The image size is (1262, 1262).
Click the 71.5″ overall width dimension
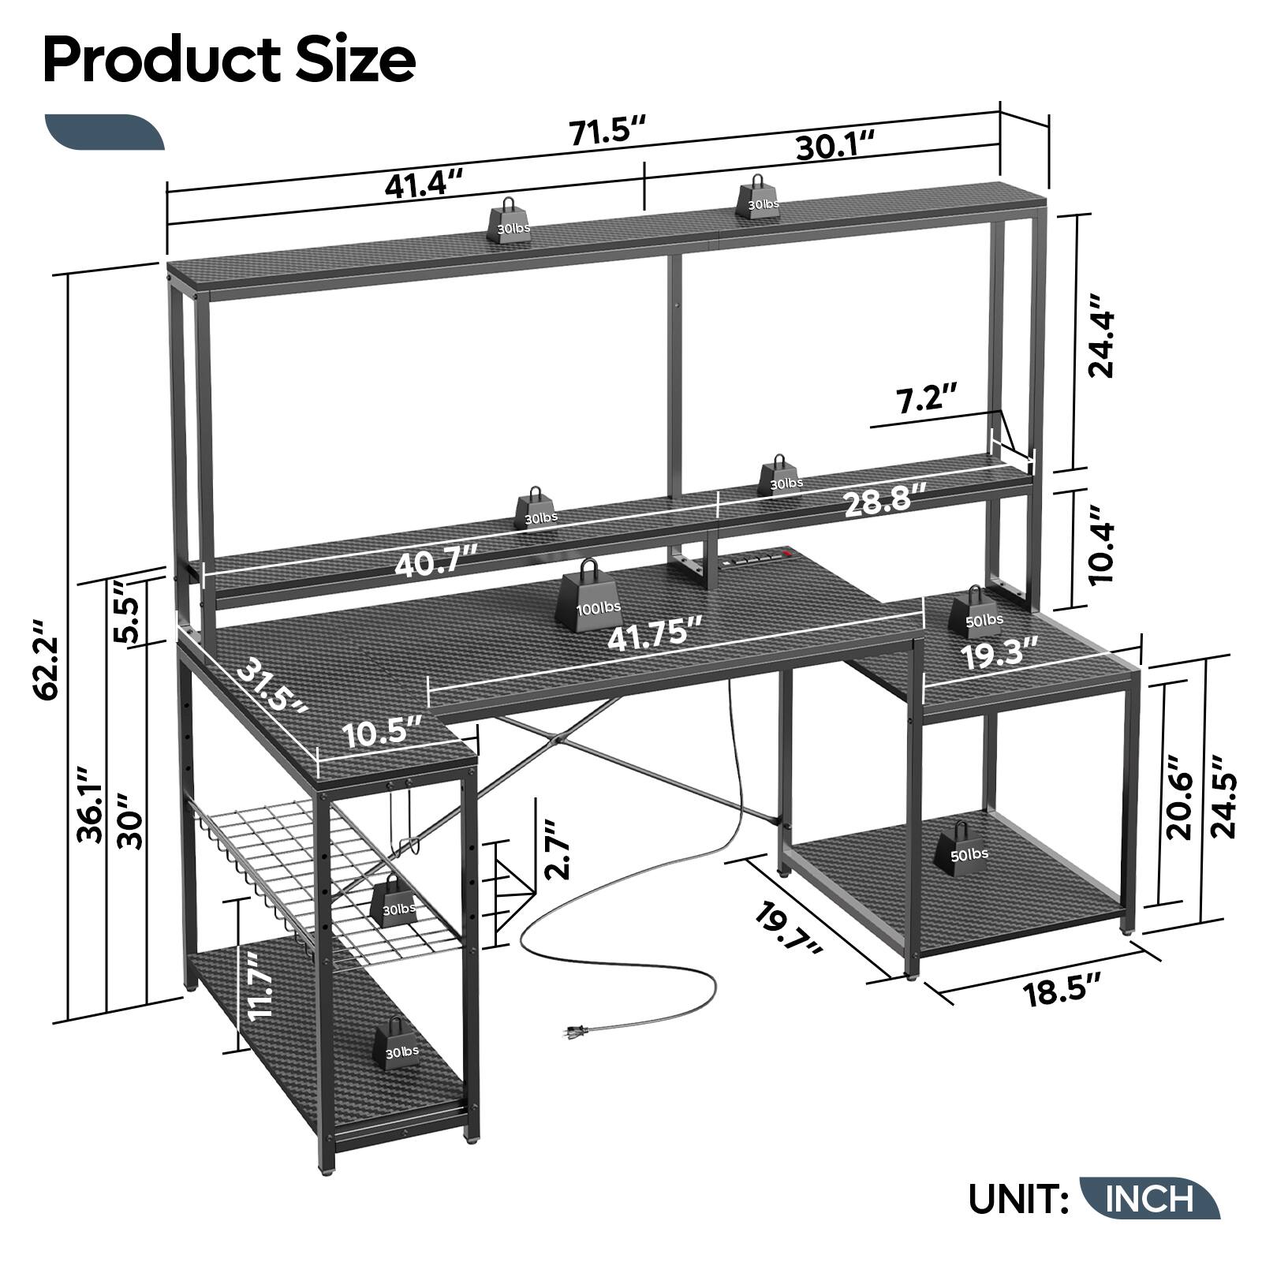click(608, 130)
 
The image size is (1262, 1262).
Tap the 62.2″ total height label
click(49, 659)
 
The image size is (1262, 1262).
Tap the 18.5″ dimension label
click(1062, 991)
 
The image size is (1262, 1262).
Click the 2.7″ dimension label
click(558, 849)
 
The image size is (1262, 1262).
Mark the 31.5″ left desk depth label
click(273, 687)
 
